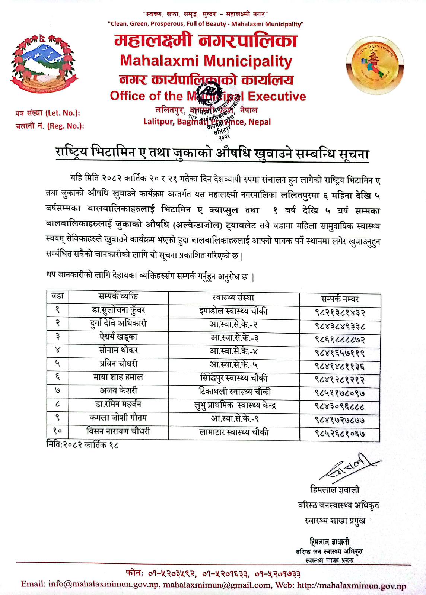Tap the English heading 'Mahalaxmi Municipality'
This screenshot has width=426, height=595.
coord(206,61)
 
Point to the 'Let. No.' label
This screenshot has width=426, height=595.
coord(48,113)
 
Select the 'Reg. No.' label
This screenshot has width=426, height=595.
coord(50,126)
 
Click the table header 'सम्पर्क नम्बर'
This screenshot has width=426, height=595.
coord(340,299)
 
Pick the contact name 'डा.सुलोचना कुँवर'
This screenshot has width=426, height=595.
coord(118,310)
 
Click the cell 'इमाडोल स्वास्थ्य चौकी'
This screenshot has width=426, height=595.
coord(233,311)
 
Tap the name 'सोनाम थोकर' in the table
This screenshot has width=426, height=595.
coord(118,350)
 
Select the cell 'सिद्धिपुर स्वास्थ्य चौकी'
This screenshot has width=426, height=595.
coord(233,378)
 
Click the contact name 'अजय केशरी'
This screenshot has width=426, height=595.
coord(118,390)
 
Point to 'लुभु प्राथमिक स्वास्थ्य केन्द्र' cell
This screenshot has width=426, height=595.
coord(235,405)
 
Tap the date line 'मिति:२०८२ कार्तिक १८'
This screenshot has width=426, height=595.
coord(82,445)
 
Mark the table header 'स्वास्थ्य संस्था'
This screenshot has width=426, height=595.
coord(233,297)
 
